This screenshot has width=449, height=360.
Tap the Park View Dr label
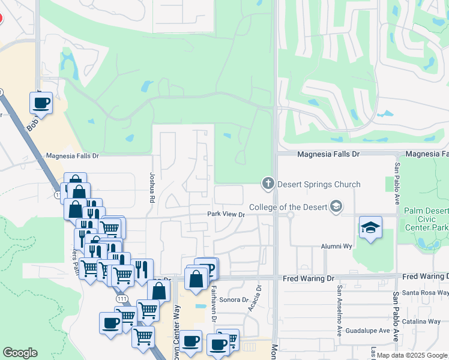[x=226, y=214]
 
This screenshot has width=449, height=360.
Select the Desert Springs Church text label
[x=318, y=184]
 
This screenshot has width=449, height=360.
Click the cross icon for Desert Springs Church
[x=268, y=183]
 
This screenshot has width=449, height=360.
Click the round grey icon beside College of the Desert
[x=336, y=208]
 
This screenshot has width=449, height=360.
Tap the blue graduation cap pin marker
[x=370, y=228]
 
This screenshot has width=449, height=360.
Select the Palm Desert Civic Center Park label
[x=426, y=219]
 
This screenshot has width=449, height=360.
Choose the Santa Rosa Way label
[x=424, y=292]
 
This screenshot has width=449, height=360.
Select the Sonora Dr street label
[x=234, y=299]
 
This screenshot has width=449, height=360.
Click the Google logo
[x=20, y=353]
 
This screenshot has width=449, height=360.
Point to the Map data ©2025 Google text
[x=411, y=355]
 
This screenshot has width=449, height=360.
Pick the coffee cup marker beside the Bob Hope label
[x=41, y=103]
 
